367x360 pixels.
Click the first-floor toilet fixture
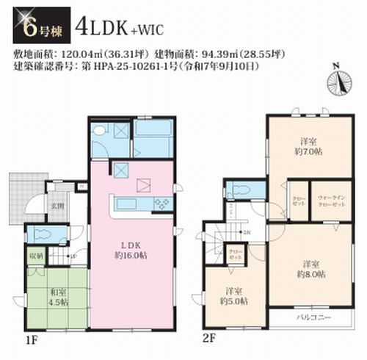43,235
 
